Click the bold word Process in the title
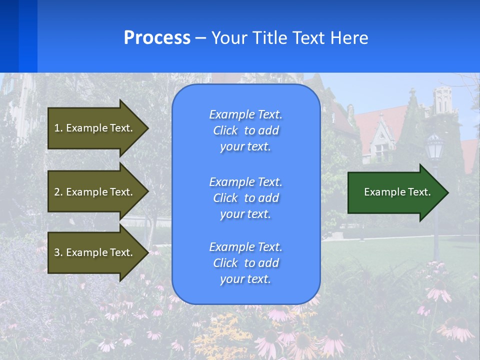(x=157, y=38)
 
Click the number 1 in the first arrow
(x=56, y=128)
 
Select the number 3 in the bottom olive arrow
(x=56, y=252)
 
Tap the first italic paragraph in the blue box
(x=245, y=130)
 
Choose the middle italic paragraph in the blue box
(x=245, y=197)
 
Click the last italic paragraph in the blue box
(x=245, y=263)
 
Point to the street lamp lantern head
(x=434, y=148)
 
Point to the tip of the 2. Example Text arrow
(x=147, y=192)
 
